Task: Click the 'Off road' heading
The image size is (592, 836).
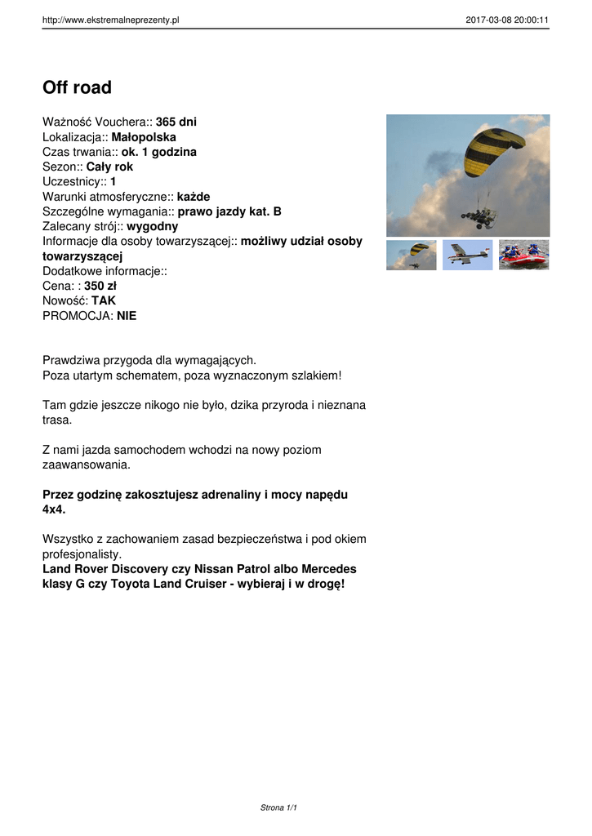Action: point(77,87)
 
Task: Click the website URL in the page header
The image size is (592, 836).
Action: point(110,20)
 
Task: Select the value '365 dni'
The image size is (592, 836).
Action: point(176,122)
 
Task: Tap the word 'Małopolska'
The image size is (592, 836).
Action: point(144,137)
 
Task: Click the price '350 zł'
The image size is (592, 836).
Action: point(100,286)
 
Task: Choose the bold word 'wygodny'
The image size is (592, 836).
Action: point(153,226)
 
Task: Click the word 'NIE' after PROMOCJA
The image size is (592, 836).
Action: point(127,315)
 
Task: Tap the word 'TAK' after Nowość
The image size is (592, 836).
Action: point(104,300)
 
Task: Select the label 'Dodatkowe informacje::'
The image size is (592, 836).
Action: point(105,271)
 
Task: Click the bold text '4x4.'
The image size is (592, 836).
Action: point(54,509)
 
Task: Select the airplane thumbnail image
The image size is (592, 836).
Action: point(467,255)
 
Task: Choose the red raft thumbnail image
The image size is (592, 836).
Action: point(523,255)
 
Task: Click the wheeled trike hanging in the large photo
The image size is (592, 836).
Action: point(479,216)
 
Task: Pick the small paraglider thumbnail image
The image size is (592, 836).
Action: point(411,255)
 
